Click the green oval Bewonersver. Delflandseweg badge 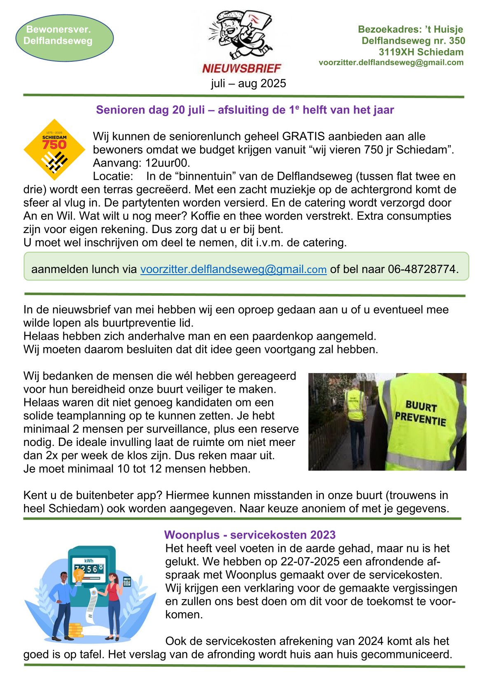pyautogui.click(x=64, y=38)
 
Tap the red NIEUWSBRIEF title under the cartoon pyautogui.click(x=241, y=68)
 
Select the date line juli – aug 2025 pyautogui.click(x=248, y=84)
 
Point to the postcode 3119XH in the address pyautogui.click(x=396, y=52)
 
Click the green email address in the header pyautogui.click(x=391, y=63)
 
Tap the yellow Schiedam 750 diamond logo pyautogui.click(x=54, y=149)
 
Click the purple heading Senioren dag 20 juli pyautogui.click(x=245, y=110)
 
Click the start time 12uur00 pyautogui.click(x=168, y=163)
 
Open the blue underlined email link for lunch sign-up pyautogui.click(x=233, y=269)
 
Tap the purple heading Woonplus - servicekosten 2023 pyautogui.click(x=250, y=535)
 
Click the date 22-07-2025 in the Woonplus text pyautogui.click(x=310, y=562)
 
